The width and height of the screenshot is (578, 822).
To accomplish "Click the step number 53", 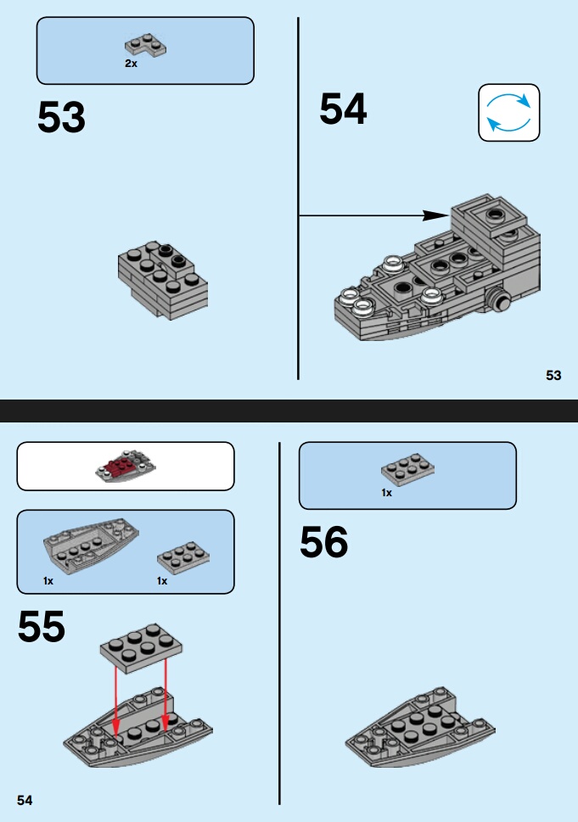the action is [61, 117].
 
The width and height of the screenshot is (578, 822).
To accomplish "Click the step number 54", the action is [343, 109].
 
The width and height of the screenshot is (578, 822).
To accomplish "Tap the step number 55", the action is [42, 626].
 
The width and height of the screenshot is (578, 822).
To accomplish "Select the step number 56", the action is [323, 541].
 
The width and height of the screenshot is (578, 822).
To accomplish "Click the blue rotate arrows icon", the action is [508, 112].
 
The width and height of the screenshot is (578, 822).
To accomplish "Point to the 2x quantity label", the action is [131, 64].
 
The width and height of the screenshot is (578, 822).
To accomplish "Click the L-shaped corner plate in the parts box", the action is [145, 45].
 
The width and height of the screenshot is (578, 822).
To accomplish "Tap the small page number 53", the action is [553, 375].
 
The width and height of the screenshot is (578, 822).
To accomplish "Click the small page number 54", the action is [25, 800].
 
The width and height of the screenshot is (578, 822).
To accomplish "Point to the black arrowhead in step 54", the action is [435, 215].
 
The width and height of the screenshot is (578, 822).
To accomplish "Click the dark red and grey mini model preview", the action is [126, 466].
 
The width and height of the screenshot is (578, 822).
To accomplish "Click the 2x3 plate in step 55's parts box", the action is [183, 558].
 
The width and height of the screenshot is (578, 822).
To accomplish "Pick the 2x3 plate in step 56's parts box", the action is [407, 469].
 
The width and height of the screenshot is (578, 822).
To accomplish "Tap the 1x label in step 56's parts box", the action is [386, 493].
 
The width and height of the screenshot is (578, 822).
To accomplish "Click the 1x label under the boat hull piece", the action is [48, 581].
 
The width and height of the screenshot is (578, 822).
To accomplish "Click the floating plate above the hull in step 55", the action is [141, 648].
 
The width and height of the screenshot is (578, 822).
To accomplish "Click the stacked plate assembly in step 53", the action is [163, 279].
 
